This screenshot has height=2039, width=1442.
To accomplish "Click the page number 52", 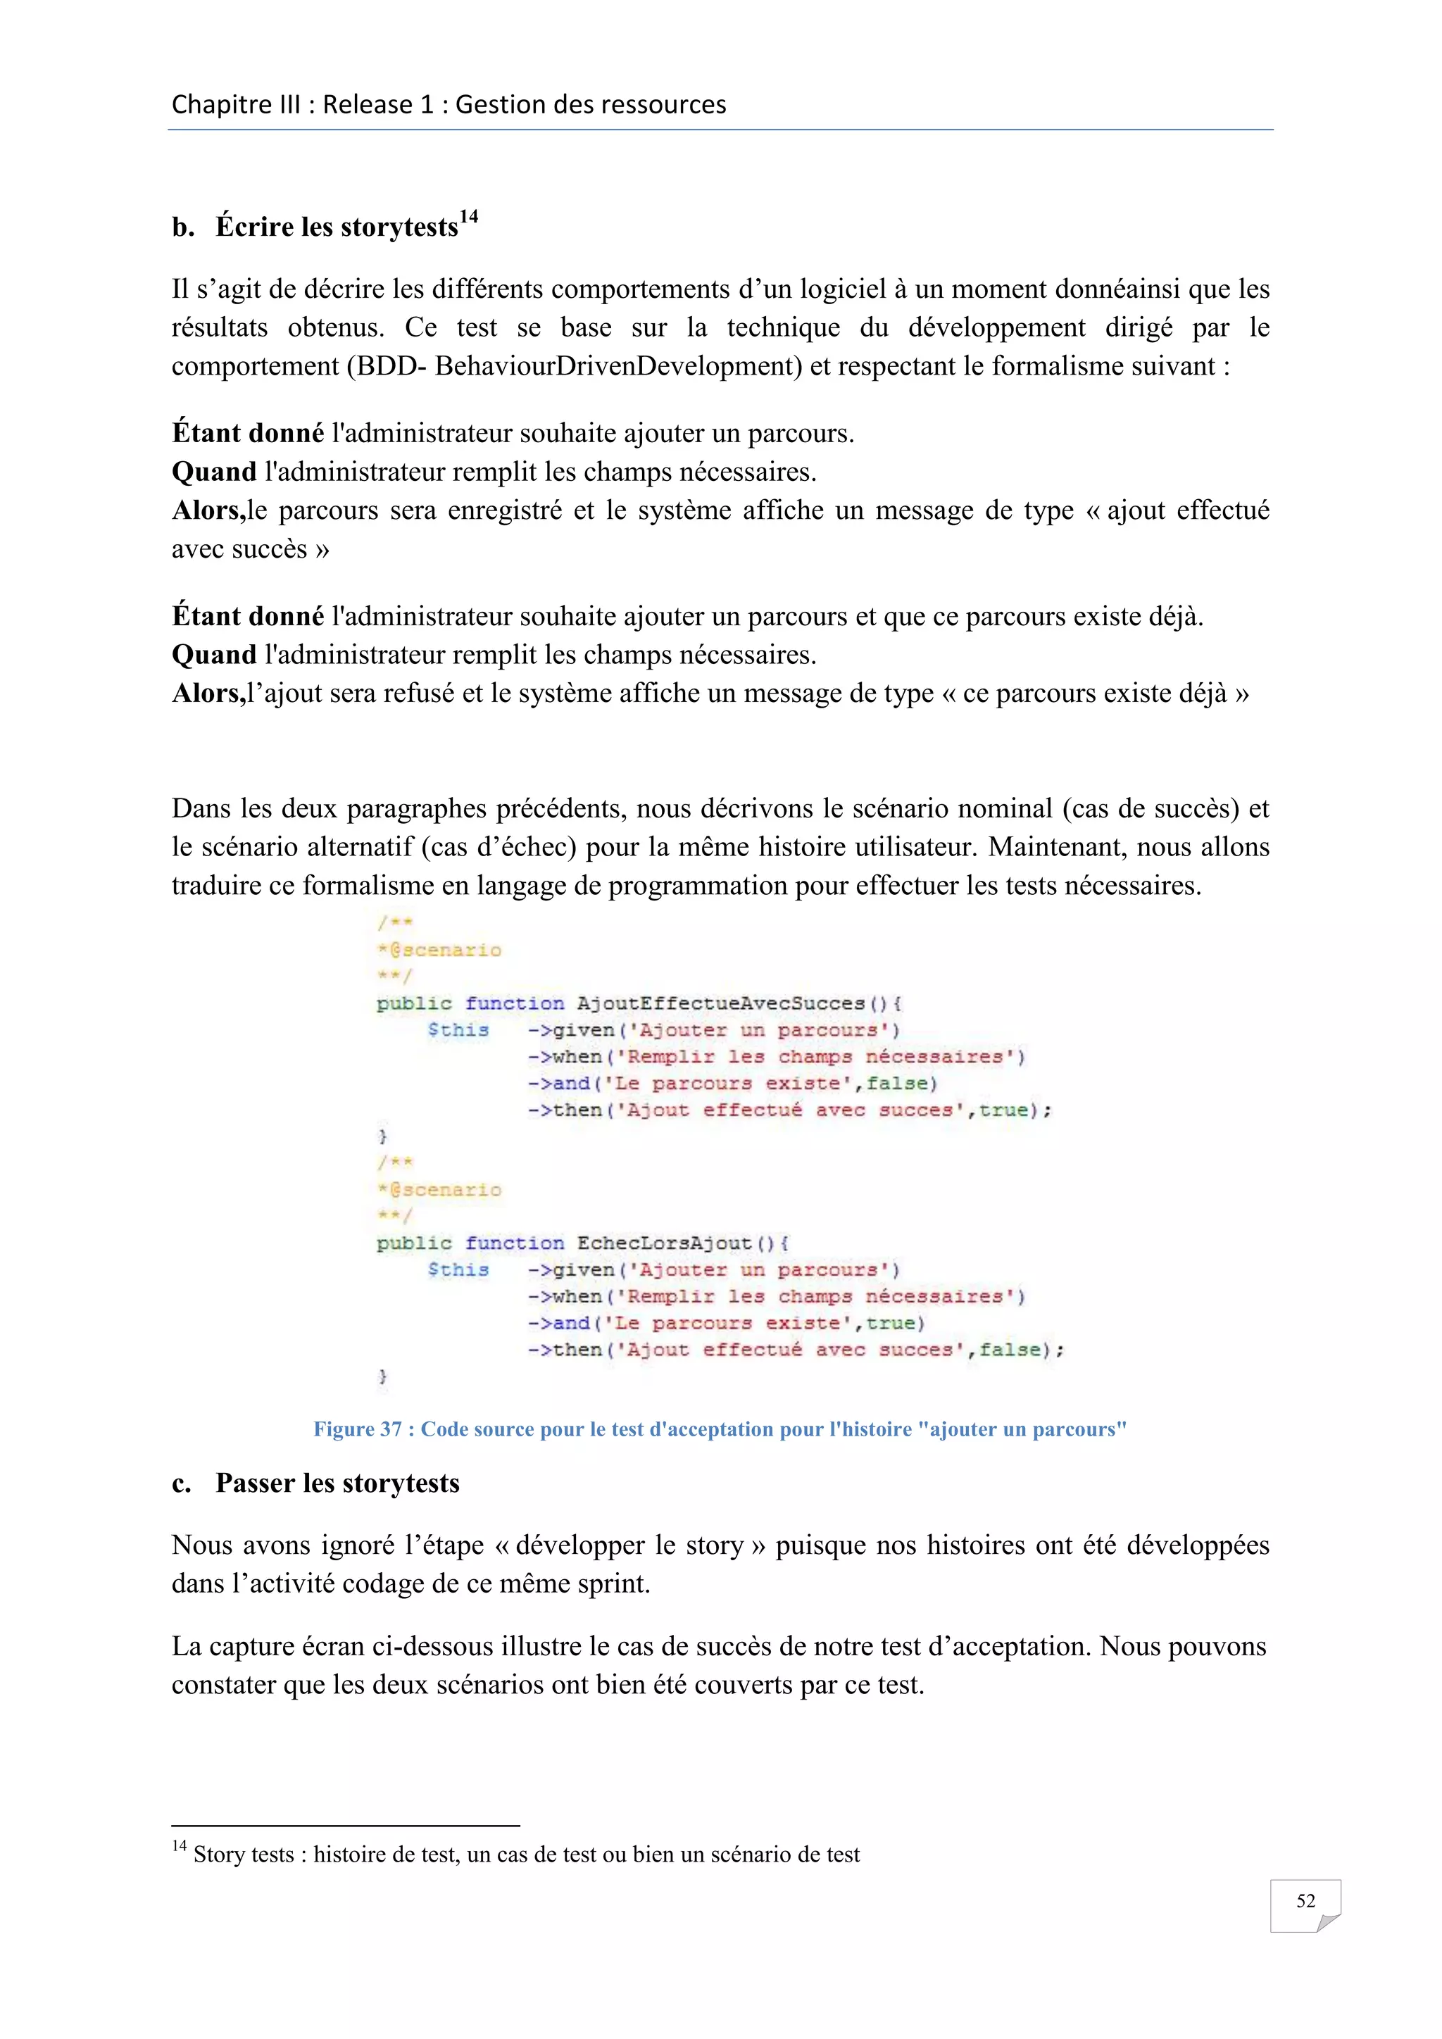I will click(1305, 1900).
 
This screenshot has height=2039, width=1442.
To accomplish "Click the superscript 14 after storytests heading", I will click(469, 217).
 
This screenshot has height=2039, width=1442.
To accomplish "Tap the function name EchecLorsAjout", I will click(664, 1243).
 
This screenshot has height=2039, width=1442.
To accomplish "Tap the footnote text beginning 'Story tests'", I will click(526, 1855).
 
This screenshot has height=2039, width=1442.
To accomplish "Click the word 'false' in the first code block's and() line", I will click(898, 1084).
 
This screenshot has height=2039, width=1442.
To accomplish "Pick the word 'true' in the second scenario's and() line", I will click(891, 1323).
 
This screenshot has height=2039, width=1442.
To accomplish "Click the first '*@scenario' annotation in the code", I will click(439, 951).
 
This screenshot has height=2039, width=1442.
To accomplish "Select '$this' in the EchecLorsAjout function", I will click(458, 1270).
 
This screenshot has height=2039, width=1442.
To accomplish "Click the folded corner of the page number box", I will click(1329, 1924).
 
